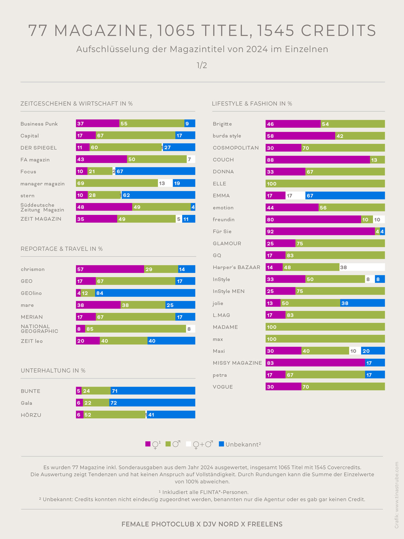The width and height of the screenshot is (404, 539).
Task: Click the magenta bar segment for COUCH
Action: [317, 160]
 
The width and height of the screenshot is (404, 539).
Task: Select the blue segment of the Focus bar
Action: [155, 171]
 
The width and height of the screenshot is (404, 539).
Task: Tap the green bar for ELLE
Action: [325, 184]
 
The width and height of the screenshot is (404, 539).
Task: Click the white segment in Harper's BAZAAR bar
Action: [362, 267]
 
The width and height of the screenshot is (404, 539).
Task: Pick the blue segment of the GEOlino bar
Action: [145, 293]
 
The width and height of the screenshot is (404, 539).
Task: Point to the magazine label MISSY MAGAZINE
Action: [237, 363]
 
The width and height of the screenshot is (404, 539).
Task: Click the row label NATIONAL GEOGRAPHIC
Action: [39, 329]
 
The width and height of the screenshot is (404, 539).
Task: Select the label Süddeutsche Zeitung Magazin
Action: [42, 207]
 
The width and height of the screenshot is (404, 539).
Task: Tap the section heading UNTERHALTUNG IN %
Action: [53, 371]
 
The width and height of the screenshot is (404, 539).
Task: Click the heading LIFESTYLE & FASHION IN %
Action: [252, 104]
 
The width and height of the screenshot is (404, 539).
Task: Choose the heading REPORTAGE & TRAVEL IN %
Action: [62, 249]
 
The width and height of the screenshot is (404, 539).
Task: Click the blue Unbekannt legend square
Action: [222, 444]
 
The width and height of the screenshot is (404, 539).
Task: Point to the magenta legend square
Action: [148, 444]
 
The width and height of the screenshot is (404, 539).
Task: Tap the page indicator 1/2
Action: [202, 65]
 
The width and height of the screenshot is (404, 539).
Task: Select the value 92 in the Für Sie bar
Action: [270, 232]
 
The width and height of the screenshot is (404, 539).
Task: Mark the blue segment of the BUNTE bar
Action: [153, 391]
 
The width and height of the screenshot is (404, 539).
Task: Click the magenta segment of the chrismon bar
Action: [110, 269]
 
